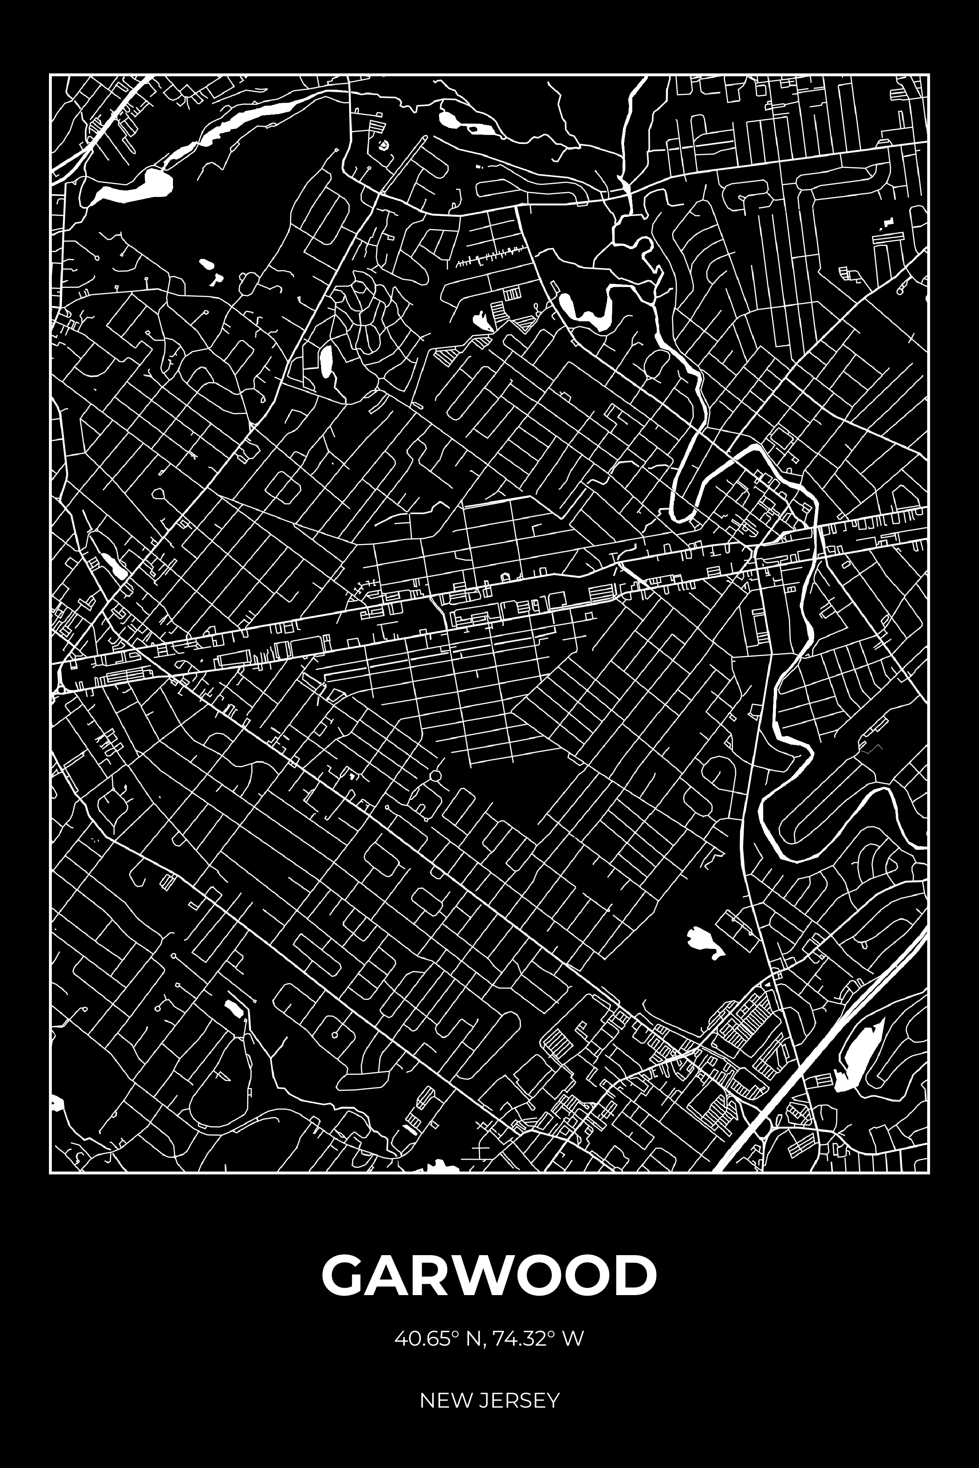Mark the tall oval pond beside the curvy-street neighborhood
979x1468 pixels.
(x=325, y=362)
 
